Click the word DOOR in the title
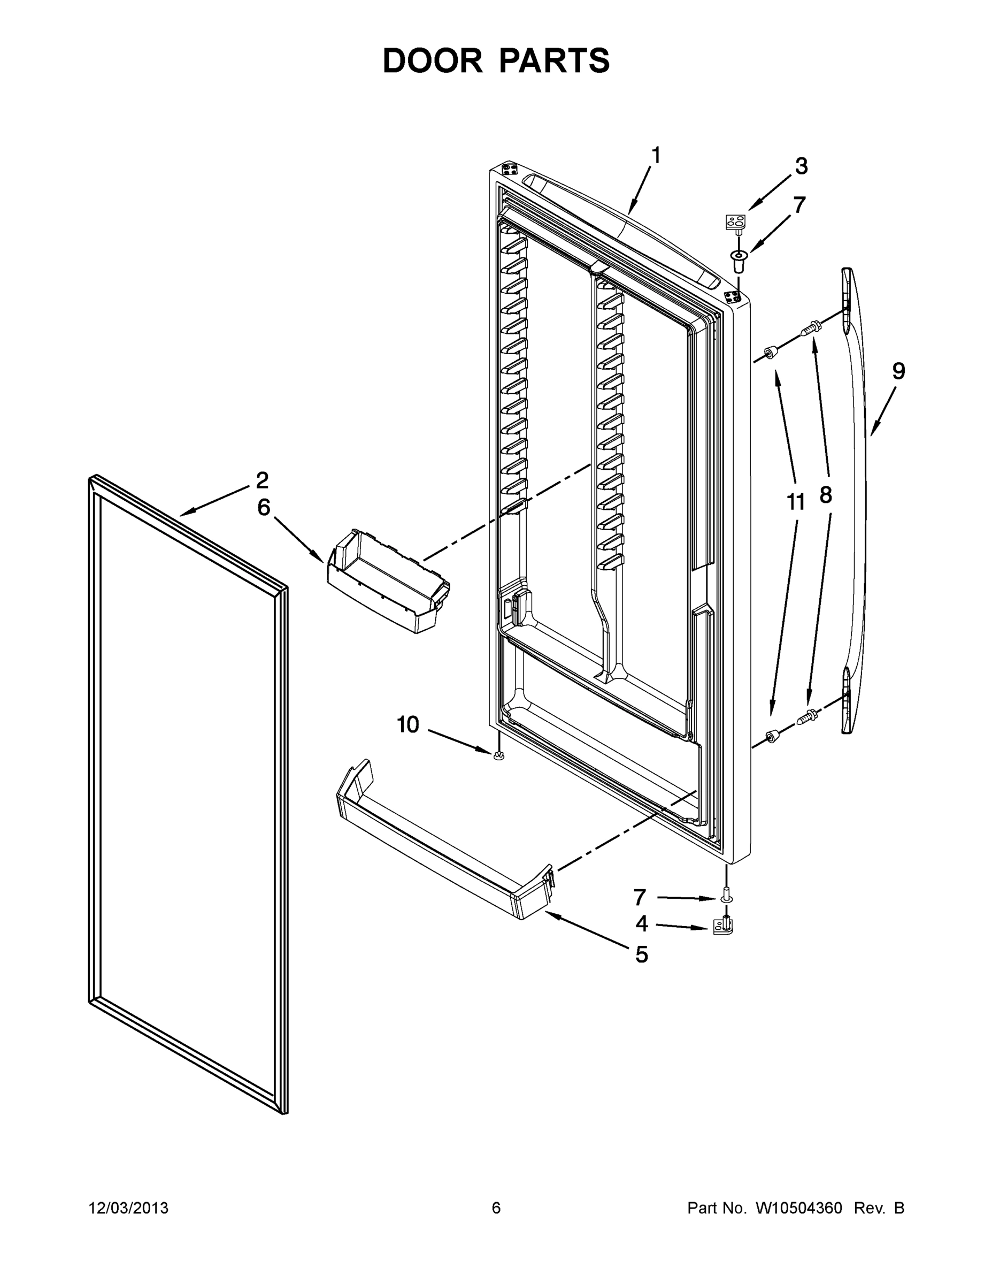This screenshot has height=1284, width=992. [x=432, y=60]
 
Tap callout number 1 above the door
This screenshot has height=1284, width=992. [x=656, y=156]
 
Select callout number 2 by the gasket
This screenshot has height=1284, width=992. [x=262, y=480]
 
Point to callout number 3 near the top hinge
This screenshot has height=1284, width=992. [x=801, y=166]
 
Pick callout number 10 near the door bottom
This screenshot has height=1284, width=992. [x=408, y=725]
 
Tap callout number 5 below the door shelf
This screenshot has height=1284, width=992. [x=642, y=954]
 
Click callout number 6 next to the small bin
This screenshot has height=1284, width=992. [x=264, y=507]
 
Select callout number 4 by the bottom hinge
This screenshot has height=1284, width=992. [x=642, y=923]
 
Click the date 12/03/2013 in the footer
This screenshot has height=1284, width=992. [x=128, y=1208]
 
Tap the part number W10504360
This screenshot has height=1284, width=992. [x=798, y=1208]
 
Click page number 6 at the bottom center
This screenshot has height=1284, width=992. [x=496, y=1208]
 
